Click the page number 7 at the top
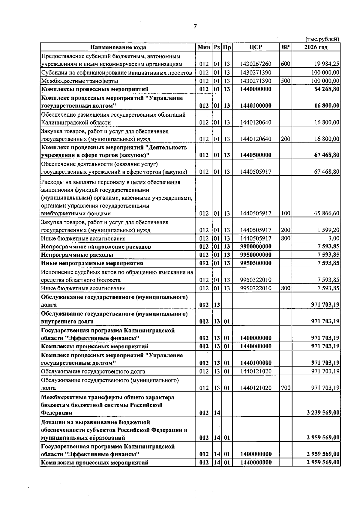click(x=195, y=26)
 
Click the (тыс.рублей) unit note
click(x=322, y=39)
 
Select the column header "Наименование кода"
click(x=118, y=47)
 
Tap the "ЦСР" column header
click(x=256, y=47)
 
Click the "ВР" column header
click(x=286, y=47)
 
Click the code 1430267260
click(x=256, y=64)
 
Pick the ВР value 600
click(x=285, y=64)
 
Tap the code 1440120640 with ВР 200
click(x=256, y=139)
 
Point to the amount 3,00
click(x=334, y=238)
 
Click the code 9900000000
click(x=256, y=247)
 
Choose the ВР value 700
click(x=285, y=388)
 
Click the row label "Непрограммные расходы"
click(x=77, y=255)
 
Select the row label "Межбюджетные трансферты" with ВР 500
click(x=79, y=81)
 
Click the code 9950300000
click(x=256, y=263)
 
